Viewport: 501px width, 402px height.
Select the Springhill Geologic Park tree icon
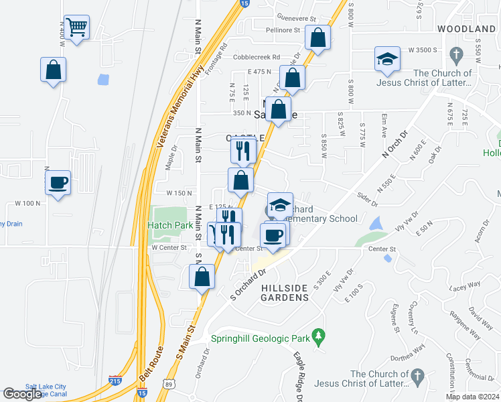pos(320,334)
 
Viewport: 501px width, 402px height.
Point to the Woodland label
pos(466,29)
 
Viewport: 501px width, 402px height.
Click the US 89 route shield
pos(169,383)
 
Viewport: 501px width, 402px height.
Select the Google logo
pos(22,394)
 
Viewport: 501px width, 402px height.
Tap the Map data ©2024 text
pos(471,397)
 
